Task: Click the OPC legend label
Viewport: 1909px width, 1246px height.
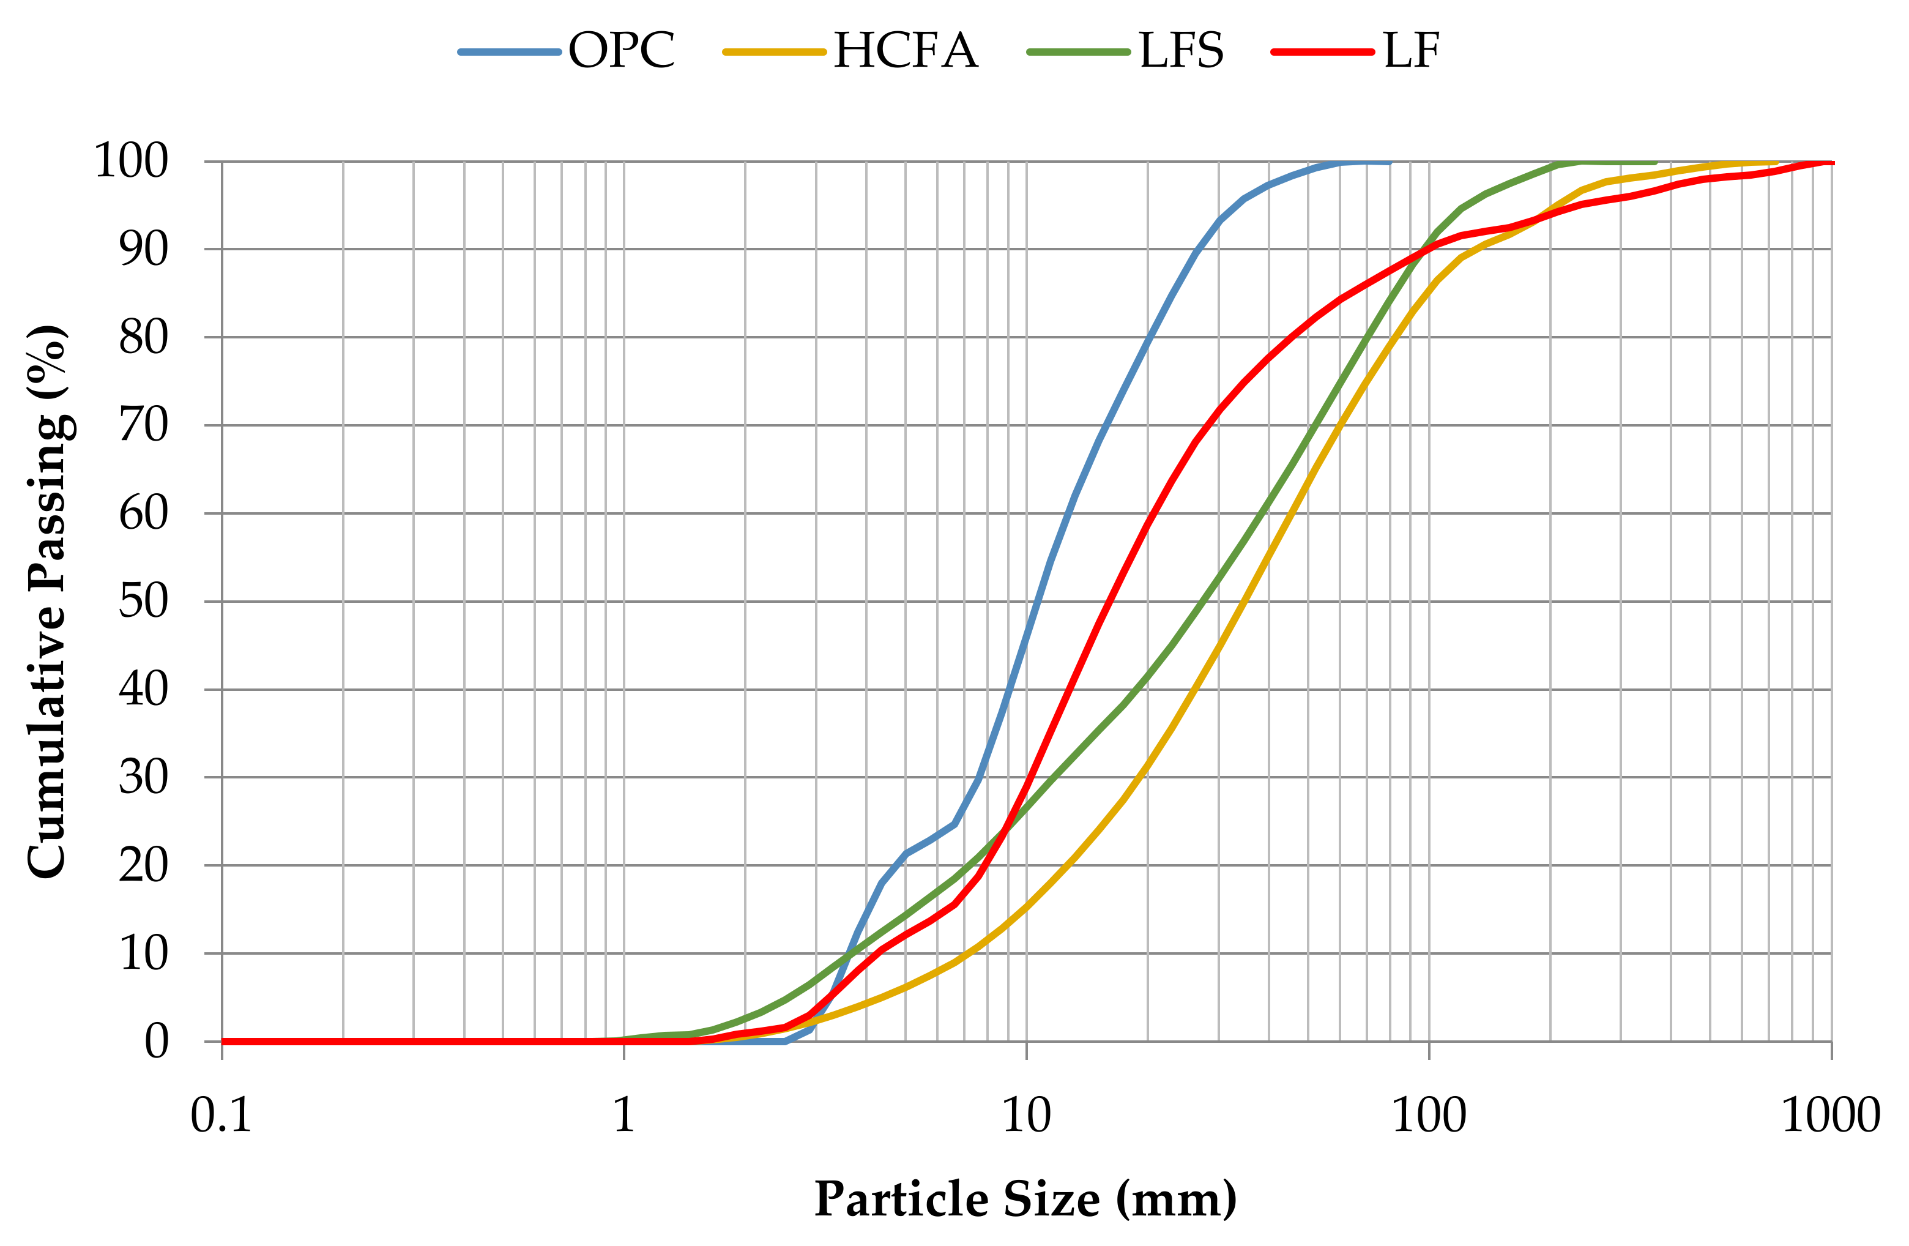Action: tap(622, 51)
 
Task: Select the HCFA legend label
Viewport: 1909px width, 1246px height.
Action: tap(906, 51)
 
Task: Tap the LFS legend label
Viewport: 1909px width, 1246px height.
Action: tap(1181, 51)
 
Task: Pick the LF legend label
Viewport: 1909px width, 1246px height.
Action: tap(1412, 51)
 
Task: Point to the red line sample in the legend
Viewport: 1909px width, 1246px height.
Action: tap(1323, 52)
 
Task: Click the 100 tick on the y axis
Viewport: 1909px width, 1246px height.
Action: tap(132, 162)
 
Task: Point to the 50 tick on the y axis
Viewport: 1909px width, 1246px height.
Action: tap(144, 601)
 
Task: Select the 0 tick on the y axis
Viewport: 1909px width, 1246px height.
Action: tap(157, 1042)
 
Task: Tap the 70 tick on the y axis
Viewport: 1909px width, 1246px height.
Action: tap(144, 425)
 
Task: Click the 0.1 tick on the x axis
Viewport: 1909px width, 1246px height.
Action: tap(221, 1115)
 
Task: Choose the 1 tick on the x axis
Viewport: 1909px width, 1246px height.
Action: tap(624, 1115)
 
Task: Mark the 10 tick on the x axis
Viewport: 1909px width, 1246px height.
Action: tap(1027, 1115)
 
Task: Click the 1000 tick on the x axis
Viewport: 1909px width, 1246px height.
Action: tap(1831, 1115)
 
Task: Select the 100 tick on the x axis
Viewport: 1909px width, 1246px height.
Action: tap(1429, 1115)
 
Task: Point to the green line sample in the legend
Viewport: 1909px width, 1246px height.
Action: tap(1079, 52)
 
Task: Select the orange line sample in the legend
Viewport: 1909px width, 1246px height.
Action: tap(774, 52)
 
